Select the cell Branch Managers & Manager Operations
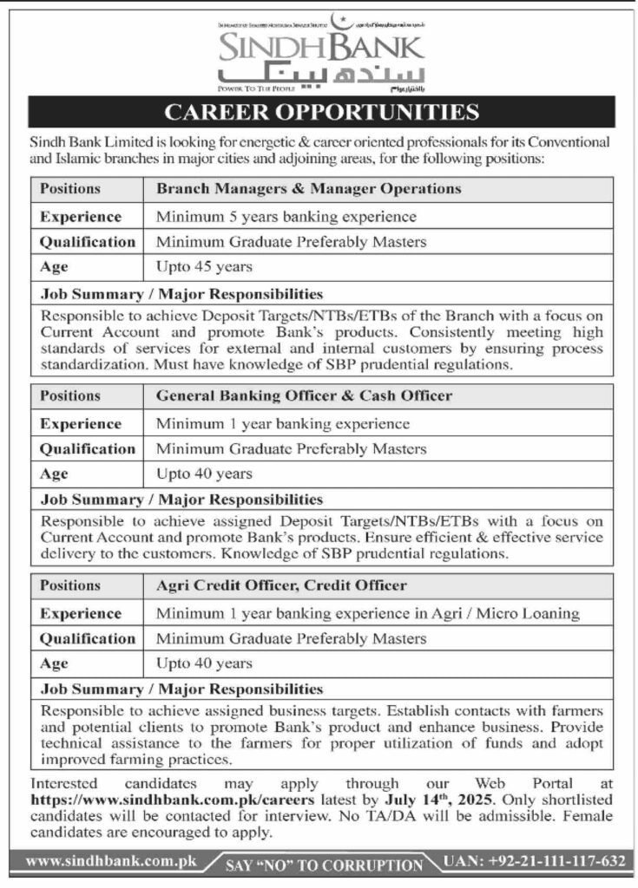(308, 188)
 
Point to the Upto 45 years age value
(205, 267)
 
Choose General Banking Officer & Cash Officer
(304, 395)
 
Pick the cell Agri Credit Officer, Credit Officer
(281, 585)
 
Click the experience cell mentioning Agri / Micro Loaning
(367, 613)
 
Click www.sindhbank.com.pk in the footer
(112, 862)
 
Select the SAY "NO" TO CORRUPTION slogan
(325, 865)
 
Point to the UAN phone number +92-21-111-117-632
(534, 862)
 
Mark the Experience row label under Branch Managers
(80, 216)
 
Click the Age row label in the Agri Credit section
(54, 663)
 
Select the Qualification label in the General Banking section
(87, 449)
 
